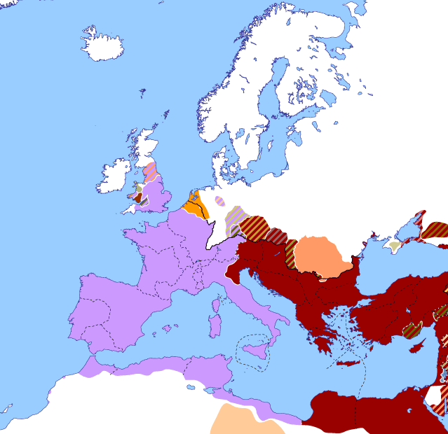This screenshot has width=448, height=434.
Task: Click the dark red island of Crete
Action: coord(351,363)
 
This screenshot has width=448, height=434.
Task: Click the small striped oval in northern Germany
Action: coord(219,201)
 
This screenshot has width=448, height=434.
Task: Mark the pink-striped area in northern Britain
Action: coord(150,170)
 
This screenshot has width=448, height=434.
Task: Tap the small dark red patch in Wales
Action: coord(138,197)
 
